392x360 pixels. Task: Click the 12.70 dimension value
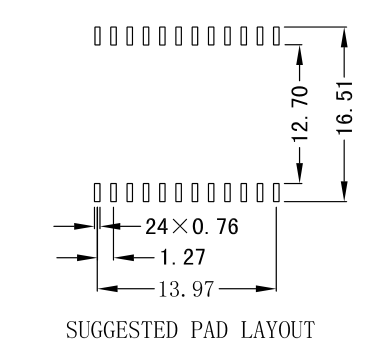[x=302, y=113]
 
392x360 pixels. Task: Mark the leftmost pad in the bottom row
[x=97, y=190]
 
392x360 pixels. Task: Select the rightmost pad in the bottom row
[x=276, y=190]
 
